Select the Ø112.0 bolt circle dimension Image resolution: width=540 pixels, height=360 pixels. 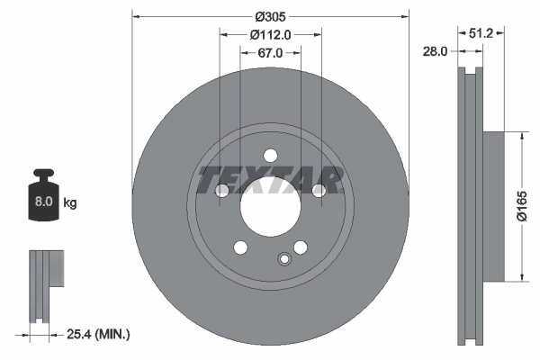271,35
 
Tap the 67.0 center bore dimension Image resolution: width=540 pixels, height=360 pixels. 271,53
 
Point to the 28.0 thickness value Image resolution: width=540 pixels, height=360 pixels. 435,52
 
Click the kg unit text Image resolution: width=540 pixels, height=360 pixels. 70,203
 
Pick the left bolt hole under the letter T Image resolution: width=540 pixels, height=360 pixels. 221,190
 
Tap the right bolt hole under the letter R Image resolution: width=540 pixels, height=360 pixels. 319,190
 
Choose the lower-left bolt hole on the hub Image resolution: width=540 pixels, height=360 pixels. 239,247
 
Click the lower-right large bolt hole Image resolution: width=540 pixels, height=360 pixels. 301,247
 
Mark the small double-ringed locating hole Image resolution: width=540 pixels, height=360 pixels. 285,260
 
